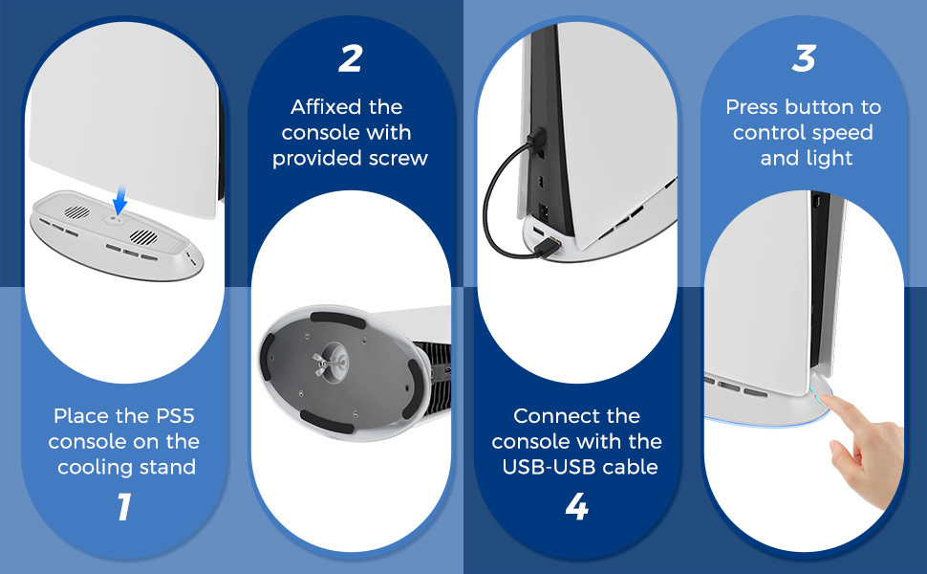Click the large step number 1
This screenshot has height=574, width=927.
124,507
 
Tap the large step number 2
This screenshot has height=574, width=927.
351,58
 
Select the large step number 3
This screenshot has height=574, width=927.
804,58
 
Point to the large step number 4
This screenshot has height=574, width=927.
577,506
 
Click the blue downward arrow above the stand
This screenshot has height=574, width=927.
120,200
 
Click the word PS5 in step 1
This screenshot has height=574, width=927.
175,416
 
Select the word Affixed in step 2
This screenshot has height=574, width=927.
325,107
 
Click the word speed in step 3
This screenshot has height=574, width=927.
843,133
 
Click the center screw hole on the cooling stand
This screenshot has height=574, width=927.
114,219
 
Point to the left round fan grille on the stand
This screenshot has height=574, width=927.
76,211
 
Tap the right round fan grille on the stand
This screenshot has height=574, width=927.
143,236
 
